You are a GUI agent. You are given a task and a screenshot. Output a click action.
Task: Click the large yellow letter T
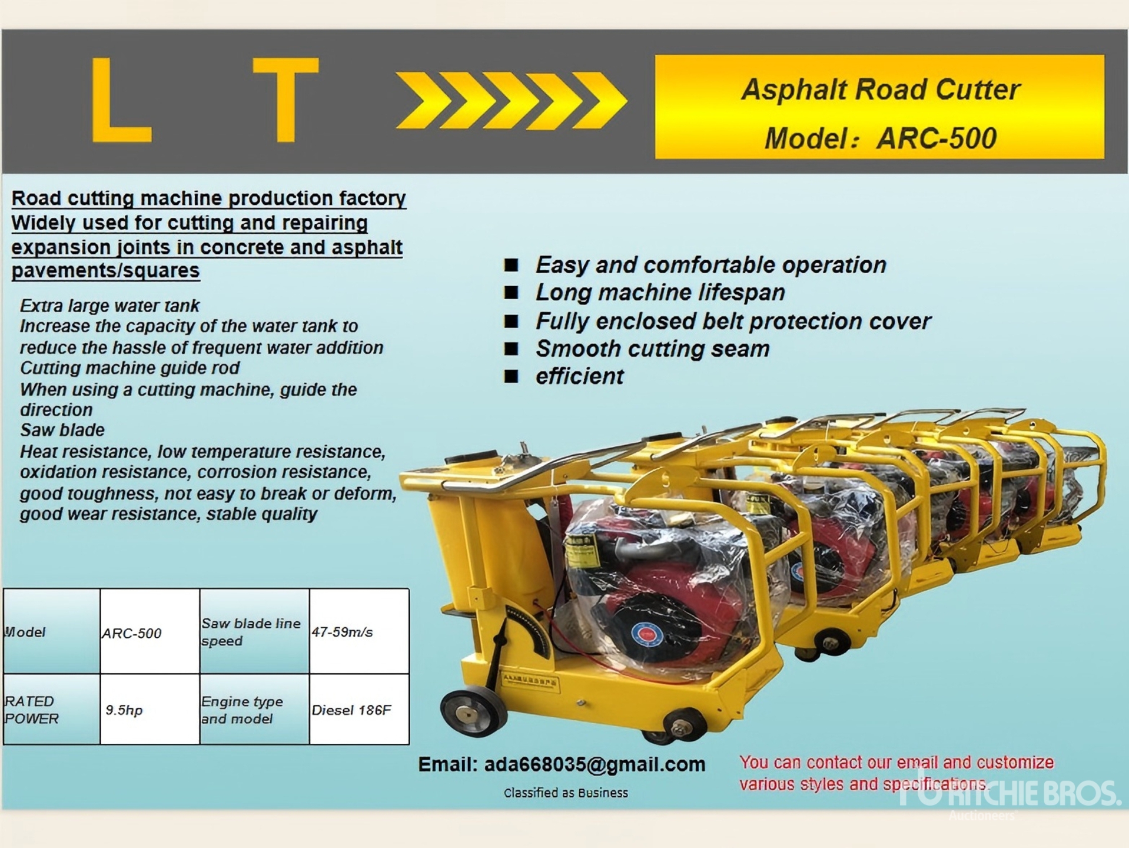pos(286,99)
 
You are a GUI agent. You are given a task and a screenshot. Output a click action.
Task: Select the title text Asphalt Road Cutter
pos(880,90)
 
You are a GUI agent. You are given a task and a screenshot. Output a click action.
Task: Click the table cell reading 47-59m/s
pos(359,631)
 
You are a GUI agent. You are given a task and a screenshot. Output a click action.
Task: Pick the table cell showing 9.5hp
pos(150,709)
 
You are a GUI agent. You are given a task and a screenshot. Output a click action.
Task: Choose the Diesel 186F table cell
pos(359,709)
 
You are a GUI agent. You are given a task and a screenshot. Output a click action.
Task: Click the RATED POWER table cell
pos(52,709)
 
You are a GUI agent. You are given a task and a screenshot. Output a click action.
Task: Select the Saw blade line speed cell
pos(254,631)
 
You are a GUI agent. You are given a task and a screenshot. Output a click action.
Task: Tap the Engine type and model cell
pos(254,709)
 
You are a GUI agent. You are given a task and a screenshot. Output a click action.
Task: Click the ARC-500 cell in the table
pos(150,631)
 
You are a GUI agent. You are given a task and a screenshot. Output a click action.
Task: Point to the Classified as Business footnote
pos(566,793)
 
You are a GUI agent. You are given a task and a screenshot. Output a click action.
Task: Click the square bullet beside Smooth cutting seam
pos(511,349)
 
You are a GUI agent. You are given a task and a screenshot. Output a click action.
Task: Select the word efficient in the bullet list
pos(579,376)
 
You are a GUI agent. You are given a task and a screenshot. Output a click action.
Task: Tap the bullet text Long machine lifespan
pos(660,293)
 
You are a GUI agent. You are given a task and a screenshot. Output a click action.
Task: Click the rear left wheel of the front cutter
pos(473,713)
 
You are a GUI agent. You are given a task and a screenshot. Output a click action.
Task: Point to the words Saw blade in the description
pos(62,430)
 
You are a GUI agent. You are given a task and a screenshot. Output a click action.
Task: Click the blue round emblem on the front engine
pos(646,635)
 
